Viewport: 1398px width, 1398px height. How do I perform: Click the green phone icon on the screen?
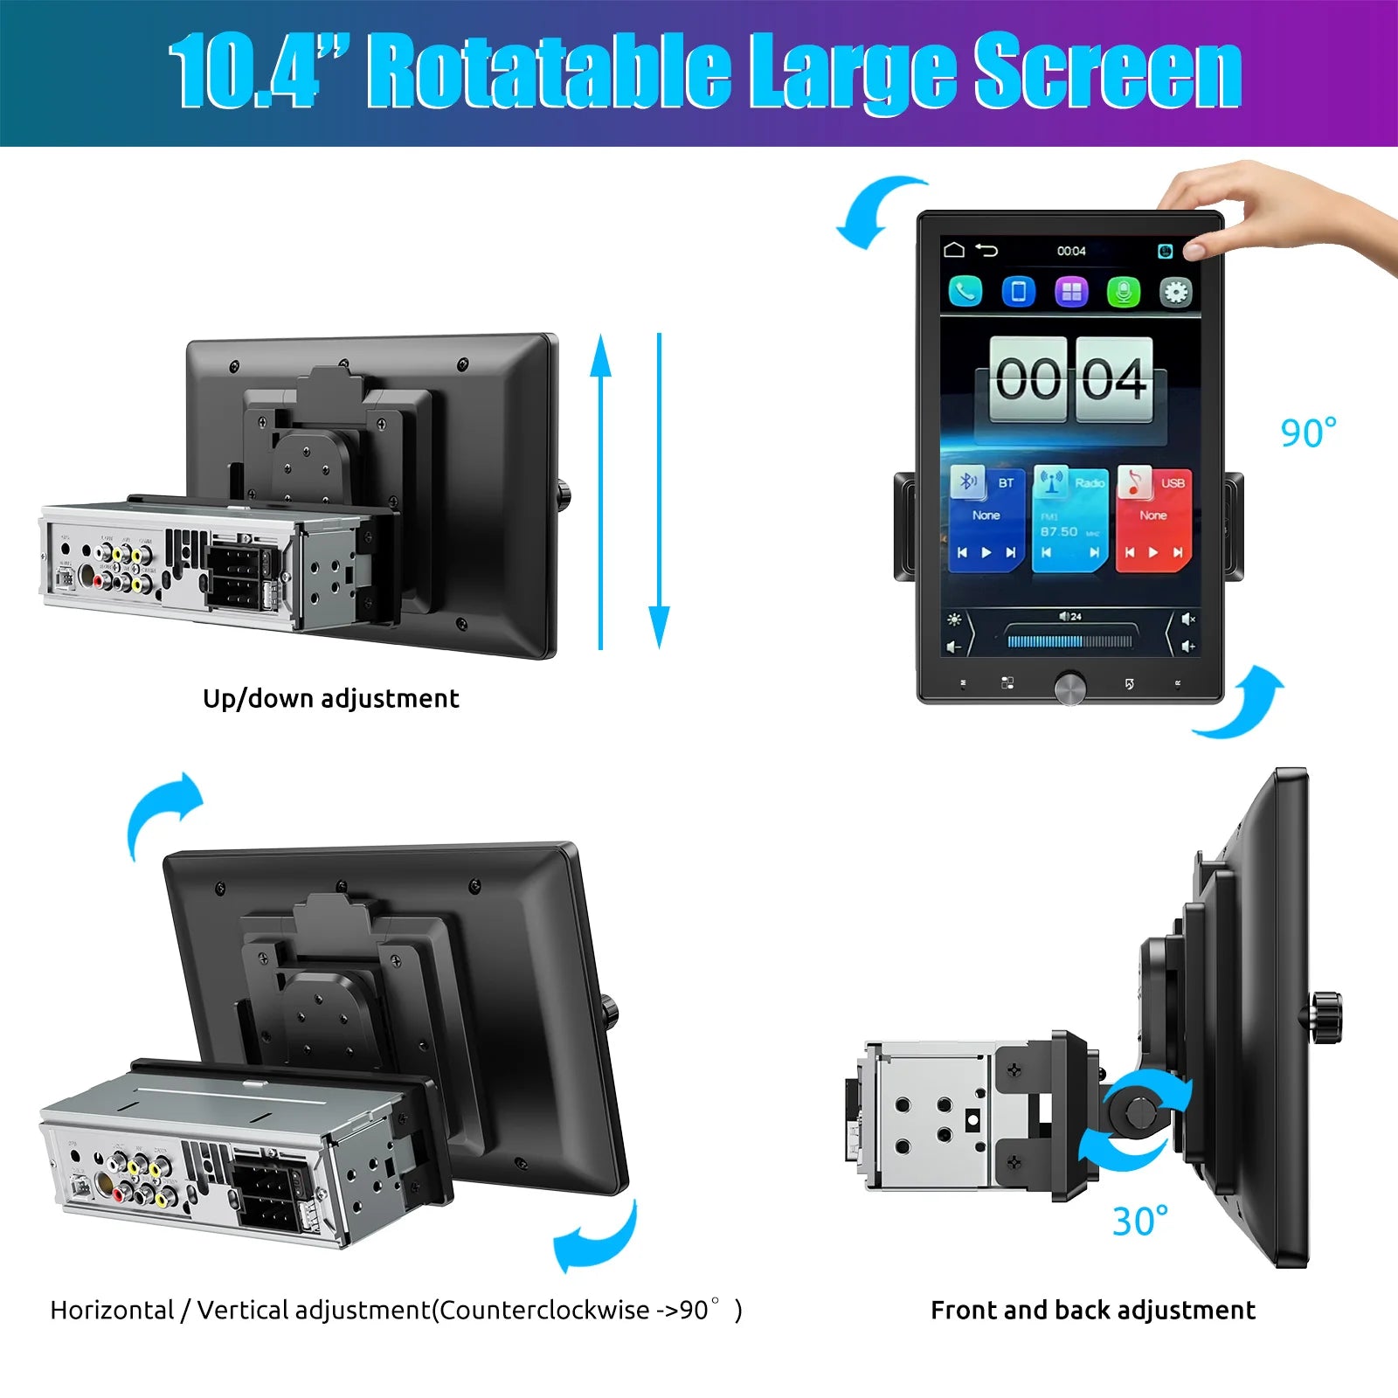965,292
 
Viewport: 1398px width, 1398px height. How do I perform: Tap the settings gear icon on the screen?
1175,292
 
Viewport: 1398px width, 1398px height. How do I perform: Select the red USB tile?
1153,518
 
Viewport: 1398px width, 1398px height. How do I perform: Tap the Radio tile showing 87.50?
1069,518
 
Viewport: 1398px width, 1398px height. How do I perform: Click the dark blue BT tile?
986,518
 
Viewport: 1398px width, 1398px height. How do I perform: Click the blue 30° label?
1139,1222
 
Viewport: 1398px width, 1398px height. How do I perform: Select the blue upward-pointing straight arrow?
600,489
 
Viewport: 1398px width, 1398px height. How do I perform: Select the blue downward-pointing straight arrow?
660,489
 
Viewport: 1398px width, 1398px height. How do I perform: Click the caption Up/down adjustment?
330,699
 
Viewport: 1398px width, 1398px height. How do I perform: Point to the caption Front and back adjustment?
1092,1311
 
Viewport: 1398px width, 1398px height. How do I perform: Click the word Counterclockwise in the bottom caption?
544,1311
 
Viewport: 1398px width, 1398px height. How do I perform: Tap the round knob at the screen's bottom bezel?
1069,687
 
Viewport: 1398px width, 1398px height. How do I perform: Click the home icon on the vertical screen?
954,251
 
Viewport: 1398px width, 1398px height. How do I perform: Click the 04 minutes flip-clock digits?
1114,379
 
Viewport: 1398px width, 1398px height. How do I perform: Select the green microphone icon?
1124,292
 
